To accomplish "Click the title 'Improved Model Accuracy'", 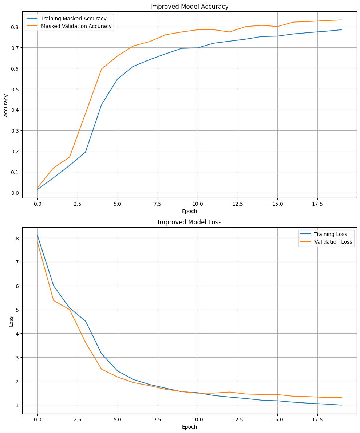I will tap(189, 6).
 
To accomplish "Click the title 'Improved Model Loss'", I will tap(189, 222).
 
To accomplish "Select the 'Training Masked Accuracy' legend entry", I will tap(74, 19).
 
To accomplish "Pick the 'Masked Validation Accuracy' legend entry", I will tap(76, 26).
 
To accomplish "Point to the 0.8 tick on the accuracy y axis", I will tap(15, 27).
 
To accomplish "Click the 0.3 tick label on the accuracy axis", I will tap(15, 131).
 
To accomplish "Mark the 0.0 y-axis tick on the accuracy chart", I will tap(15, 193).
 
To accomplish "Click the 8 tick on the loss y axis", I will tap(17, 238).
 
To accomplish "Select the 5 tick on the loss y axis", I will tap(17, 310).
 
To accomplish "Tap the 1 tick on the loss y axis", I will tap(17, 405).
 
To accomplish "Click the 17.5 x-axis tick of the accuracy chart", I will tap(317, 204).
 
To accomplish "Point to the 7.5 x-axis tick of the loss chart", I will tap(157, 420).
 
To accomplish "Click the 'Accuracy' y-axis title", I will tap(5, 105).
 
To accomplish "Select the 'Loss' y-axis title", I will tap(11, 321).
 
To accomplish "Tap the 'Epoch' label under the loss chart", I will tap(189, 427).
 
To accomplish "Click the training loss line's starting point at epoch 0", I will tap(37, 236).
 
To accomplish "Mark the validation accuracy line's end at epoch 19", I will tap(341, 20).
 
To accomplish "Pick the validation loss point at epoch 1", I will tap(54, 300).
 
